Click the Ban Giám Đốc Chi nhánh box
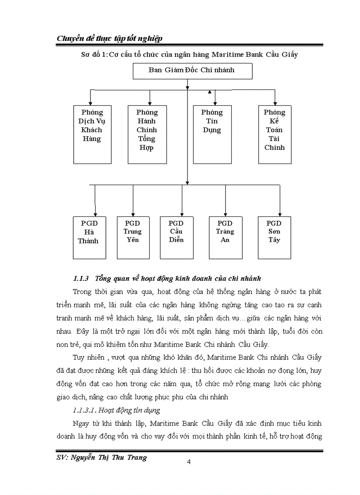tap(192, 71)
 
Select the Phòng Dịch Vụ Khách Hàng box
tap(92, 134)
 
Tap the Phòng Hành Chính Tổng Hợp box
tap(147, 134)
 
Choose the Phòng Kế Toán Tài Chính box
tap(274, 134)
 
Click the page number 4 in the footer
tap(189, 462)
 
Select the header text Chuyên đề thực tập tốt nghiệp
tap(109, 38)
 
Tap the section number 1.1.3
tap(81, 279)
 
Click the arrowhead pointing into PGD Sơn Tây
tap(280, 214)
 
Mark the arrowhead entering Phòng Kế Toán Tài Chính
tap(275, 103)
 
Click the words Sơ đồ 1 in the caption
tap(91, 55)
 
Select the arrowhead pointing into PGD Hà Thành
tap(95, 214)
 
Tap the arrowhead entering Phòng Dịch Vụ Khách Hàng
tap(90, 103)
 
